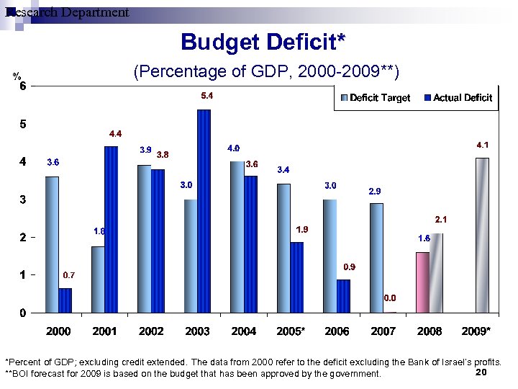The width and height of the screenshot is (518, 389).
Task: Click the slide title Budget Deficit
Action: click(x=263, y=42)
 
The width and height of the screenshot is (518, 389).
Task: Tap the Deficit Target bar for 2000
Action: click(x=52, y=244)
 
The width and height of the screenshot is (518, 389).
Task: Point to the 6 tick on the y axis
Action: click(x=22, y=86)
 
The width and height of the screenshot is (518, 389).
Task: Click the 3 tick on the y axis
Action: click(x=22, y=200)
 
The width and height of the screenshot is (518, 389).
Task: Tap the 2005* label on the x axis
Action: click(x=291, y=331)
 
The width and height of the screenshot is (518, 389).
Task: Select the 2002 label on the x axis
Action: click(x=151, y=331)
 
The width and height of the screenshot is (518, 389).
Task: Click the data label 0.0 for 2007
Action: click(x=389, y=297)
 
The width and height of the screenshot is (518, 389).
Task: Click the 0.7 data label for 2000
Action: click(x=69, y=275)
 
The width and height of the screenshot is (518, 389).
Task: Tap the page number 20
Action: click(x=482, y=372)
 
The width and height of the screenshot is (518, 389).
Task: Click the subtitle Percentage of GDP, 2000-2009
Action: click(x=266, y=72)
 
